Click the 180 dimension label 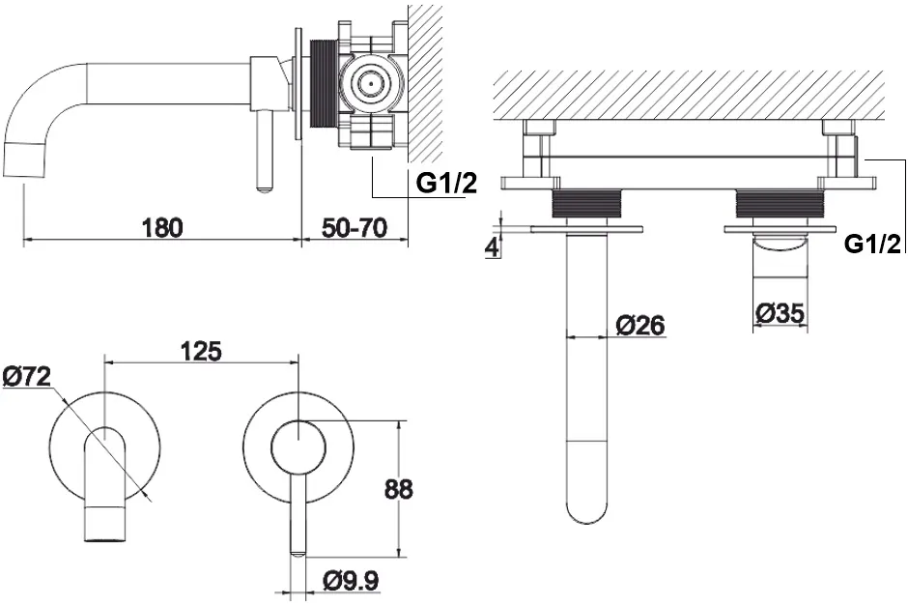point(162,228)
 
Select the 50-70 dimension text point(354,228)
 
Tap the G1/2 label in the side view point(447,184)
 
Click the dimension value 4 point(492,248)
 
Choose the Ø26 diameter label point(640,326)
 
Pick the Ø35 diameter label point(780,313)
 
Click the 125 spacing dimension point(201,352)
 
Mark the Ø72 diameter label point(27,377)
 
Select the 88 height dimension point(398,489)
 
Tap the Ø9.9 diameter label point(351,580)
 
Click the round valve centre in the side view point(368,82)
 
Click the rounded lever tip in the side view point(264,187)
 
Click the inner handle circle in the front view point(298,447)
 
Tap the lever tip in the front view point(298,552)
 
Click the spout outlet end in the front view point(105,523)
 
